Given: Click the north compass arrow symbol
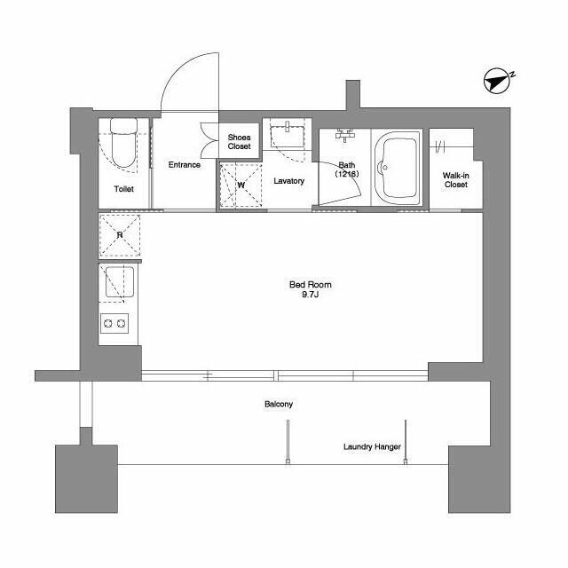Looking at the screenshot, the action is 497,81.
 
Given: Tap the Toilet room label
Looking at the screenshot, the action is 124,189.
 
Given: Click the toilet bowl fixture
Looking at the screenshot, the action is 123,142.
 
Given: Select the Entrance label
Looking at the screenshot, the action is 184,165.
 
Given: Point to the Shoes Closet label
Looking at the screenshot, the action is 239,142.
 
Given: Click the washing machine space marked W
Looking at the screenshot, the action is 241,185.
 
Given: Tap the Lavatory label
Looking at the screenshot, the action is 288,181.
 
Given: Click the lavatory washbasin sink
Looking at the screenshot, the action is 288,136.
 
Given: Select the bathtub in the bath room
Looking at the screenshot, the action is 397,168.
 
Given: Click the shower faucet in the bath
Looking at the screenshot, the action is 344,135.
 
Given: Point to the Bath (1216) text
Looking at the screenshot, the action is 347,170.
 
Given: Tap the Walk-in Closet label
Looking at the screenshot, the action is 455,180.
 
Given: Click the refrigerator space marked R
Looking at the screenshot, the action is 120,235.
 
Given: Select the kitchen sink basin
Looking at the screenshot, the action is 120,282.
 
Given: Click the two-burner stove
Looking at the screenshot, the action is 114,323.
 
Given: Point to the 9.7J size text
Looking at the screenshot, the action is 310,294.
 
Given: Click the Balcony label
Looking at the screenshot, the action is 279,404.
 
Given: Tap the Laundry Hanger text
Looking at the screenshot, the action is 372,446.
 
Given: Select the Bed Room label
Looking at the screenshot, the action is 311,285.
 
